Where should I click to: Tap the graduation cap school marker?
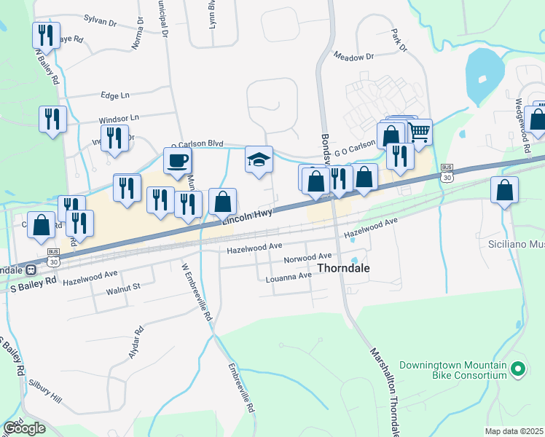pos(259,160)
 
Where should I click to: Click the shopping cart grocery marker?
pos(419,132)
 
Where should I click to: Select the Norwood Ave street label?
pos(307,258)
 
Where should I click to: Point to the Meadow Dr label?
pos(353,55)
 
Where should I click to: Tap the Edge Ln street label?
pos(115,95)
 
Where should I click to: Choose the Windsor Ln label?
pos(119,117)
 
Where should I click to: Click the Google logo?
pos(24,428)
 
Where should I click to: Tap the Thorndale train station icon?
pos(31,269)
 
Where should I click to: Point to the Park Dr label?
pos(398,40)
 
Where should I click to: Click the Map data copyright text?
pos(514,431)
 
